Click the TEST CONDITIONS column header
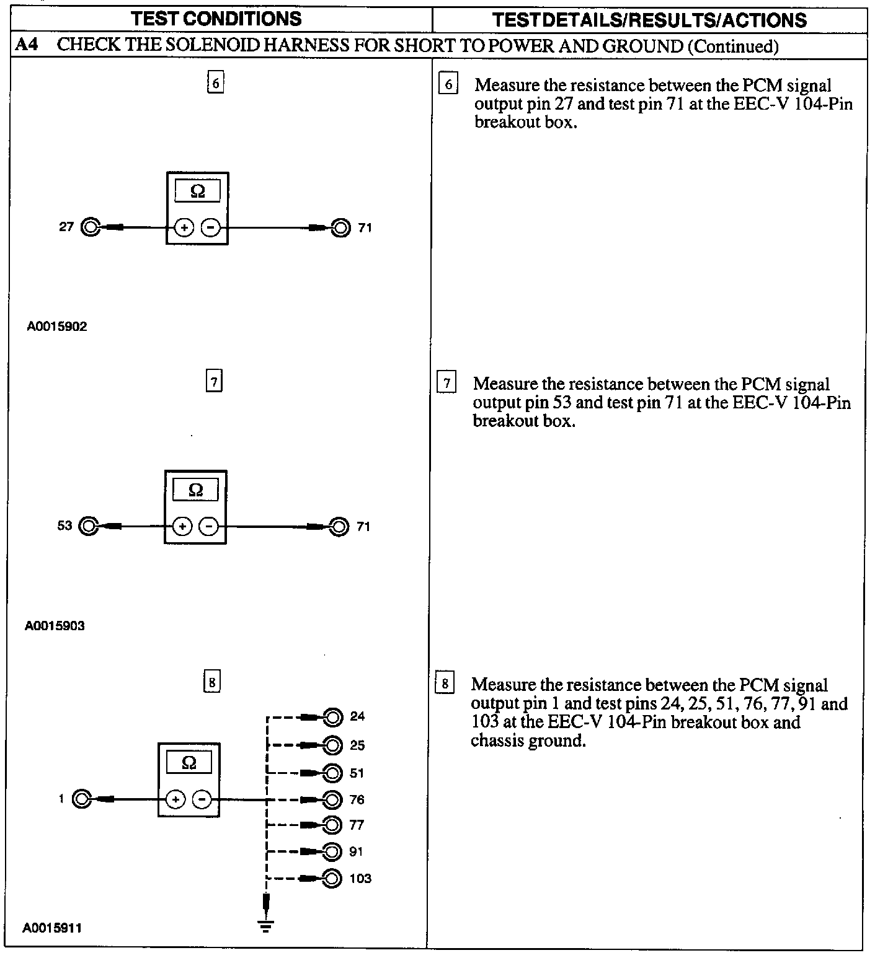pos(216,19)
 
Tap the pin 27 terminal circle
pos(91,227)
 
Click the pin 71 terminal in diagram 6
pos(340,228)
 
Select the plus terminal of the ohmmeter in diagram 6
pos(184,228)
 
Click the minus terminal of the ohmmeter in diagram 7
pos(210,527)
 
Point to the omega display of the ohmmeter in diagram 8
pos(189,763)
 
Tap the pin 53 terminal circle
pos(89,526)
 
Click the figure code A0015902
pos(57,327)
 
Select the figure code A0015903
pos(55,625)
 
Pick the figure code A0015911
pos(52,928)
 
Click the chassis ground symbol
pos(265,925)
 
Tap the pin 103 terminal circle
pos(332,878)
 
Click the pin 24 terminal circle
pos(333,718)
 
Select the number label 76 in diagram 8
pos(357,799)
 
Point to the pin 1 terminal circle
pos(82,799)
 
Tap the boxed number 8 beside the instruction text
pos(445,685)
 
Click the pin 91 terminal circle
pos(332,851)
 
